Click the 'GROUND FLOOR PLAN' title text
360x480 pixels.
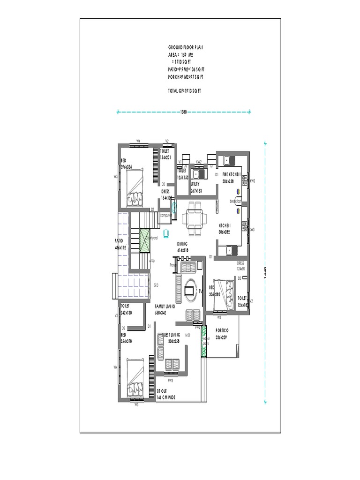pos(185,48)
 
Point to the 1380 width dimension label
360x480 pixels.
pos(184,112)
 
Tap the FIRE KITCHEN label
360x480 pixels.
pos(232,174)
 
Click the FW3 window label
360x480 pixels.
pos(171,380)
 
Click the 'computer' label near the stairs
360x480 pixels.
pos(166,215)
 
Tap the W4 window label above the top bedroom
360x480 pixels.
pos(139,141)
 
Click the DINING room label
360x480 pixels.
pos(182,244)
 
